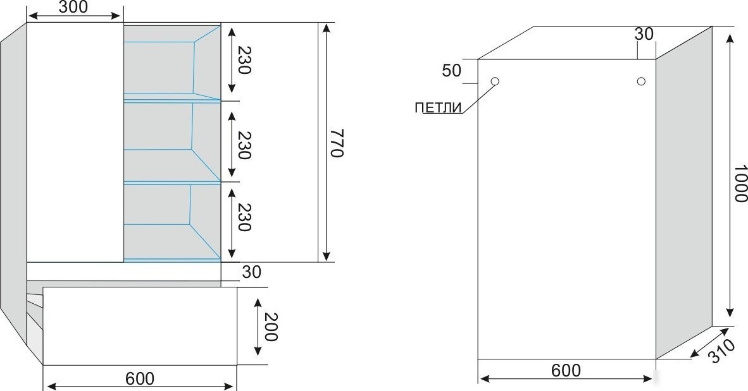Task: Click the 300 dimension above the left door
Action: point(73,7)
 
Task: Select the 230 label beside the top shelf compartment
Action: point(244,60)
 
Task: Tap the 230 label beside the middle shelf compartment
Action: point(244,145)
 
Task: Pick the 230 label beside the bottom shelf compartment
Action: point(244,217)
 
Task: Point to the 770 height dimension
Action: point(337,142)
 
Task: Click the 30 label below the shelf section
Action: point(252,272)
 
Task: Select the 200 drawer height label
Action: point(270,327)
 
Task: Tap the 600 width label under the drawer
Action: point(140,378)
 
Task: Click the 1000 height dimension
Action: point(740,183)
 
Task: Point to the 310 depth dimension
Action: point(721,351)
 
